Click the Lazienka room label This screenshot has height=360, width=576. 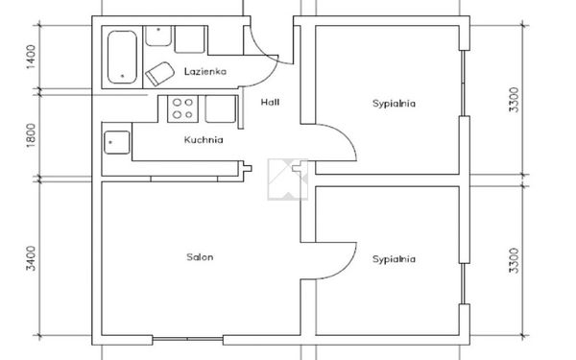(205, 71)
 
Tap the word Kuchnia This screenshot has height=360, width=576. (204, 139)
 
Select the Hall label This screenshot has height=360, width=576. (270, 102)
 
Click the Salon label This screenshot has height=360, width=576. (200, 256)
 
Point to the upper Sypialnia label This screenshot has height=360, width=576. (394, 104)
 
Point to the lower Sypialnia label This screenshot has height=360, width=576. (394, 259)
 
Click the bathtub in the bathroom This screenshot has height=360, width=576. (122, 57)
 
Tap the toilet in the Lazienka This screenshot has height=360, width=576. (159, 74)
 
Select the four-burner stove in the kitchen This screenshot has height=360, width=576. (183, 108)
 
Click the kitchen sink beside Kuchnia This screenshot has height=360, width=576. (117, 142)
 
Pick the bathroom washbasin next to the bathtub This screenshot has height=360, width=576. (158, 36)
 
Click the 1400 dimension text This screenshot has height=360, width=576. (32, 57)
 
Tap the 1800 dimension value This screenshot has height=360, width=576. (32, 135)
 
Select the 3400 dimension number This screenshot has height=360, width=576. (32, 258)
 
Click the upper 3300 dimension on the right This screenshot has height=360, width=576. (515, 100)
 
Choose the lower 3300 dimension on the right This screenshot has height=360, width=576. (515, 261)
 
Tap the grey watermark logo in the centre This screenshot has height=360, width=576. (288, 180)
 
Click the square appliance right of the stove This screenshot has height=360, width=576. (221, 108)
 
